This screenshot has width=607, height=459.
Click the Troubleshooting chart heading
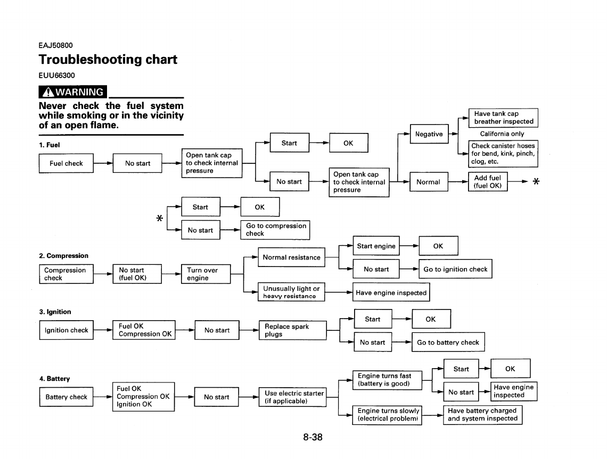(x=108, y=59)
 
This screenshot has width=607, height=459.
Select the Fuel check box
(x=66, y=163)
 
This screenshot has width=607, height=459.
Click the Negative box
(x=429, y=134)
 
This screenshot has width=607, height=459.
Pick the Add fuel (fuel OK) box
(x=488, y=182)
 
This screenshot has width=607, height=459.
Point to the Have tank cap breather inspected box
(x=503, y=118)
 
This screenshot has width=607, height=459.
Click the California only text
(x=502, y=134)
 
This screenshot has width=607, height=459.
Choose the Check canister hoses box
(x=503, y=154)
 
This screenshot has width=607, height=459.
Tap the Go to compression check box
(x=275, y=230)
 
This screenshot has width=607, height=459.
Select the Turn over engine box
(x=206, y=274)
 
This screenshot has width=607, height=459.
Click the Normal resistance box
(x=291, y=257)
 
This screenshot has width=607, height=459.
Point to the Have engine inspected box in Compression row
(x=391, y=293)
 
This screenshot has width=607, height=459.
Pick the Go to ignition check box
(x=455, y=269)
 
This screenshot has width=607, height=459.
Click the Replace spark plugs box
(x=292, y=330)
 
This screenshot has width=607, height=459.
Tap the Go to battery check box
(x=448, y=343)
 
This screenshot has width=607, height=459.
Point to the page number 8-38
(x=313, y=437)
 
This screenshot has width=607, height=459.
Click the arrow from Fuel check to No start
(x=103, y=163)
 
